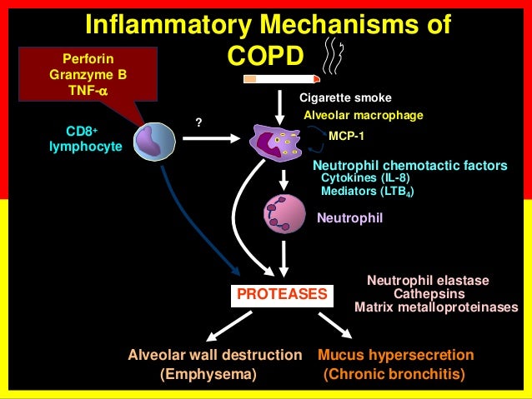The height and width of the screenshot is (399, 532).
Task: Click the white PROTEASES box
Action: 281,295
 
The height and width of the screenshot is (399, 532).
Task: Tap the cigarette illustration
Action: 281,79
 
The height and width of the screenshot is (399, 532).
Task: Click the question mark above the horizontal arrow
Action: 198,122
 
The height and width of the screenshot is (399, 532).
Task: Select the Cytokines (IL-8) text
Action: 365,177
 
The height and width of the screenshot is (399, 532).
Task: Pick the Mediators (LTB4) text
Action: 367,191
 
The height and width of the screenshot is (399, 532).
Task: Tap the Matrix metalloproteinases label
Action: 436,307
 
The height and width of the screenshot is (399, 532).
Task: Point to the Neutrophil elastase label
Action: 428,280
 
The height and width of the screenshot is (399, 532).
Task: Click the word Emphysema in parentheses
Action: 208,374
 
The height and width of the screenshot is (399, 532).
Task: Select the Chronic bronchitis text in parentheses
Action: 394,374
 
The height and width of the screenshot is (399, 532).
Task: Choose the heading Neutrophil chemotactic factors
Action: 409,165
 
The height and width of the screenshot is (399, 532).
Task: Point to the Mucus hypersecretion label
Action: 396,355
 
